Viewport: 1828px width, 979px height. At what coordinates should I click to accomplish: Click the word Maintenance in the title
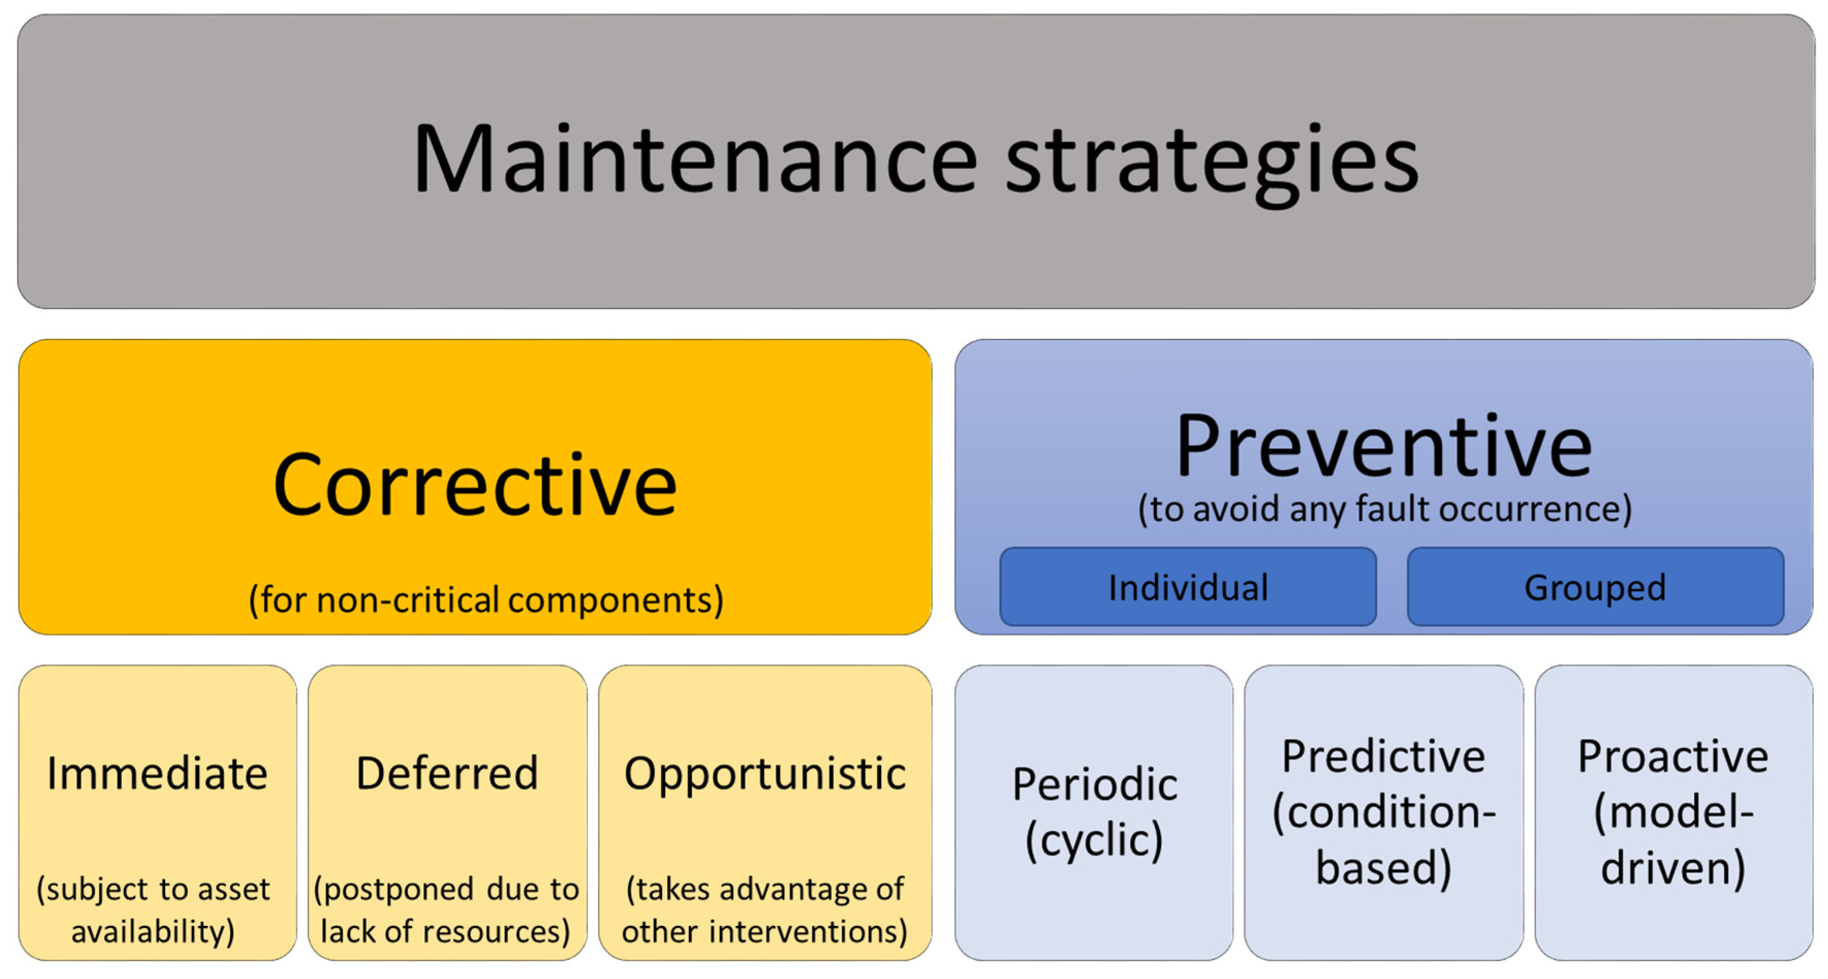[x=695, y=158]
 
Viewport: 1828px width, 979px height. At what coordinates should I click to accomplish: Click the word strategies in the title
[x=1212, y=165]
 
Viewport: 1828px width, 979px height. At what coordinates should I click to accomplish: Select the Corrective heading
[x=475, y=486]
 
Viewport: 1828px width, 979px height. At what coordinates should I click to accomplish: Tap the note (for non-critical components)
[x=486, y=600]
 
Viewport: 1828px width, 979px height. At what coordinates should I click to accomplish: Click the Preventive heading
[x=1384, y=447]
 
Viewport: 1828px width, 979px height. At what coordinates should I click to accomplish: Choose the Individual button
[x=1188, y=587]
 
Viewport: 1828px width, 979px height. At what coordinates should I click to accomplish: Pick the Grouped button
[x=1595, y=587]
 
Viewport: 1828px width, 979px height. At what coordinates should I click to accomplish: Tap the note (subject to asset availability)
[x=153, y=910]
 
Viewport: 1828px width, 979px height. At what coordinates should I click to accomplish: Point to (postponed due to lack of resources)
[x=446, y=910]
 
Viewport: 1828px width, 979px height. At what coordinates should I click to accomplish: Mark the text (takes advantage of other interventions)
[x=765, y=910]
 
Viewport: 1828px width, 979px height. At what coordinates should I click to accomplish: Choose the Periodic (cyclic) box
[x=1094, y=812]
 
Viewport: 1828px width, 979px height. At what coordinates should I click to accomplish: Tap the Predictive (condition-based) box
[x=1384, y=812]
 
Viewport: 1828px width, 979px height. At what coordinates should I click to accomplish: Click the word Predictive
[x=1383, y=756]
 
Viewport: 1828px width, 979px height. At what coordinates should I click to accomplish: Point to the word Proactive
[x=1673, y=756]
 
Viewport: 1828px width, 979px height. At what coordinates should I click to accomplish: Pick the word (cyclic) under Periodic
[x=1094, y=841]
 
